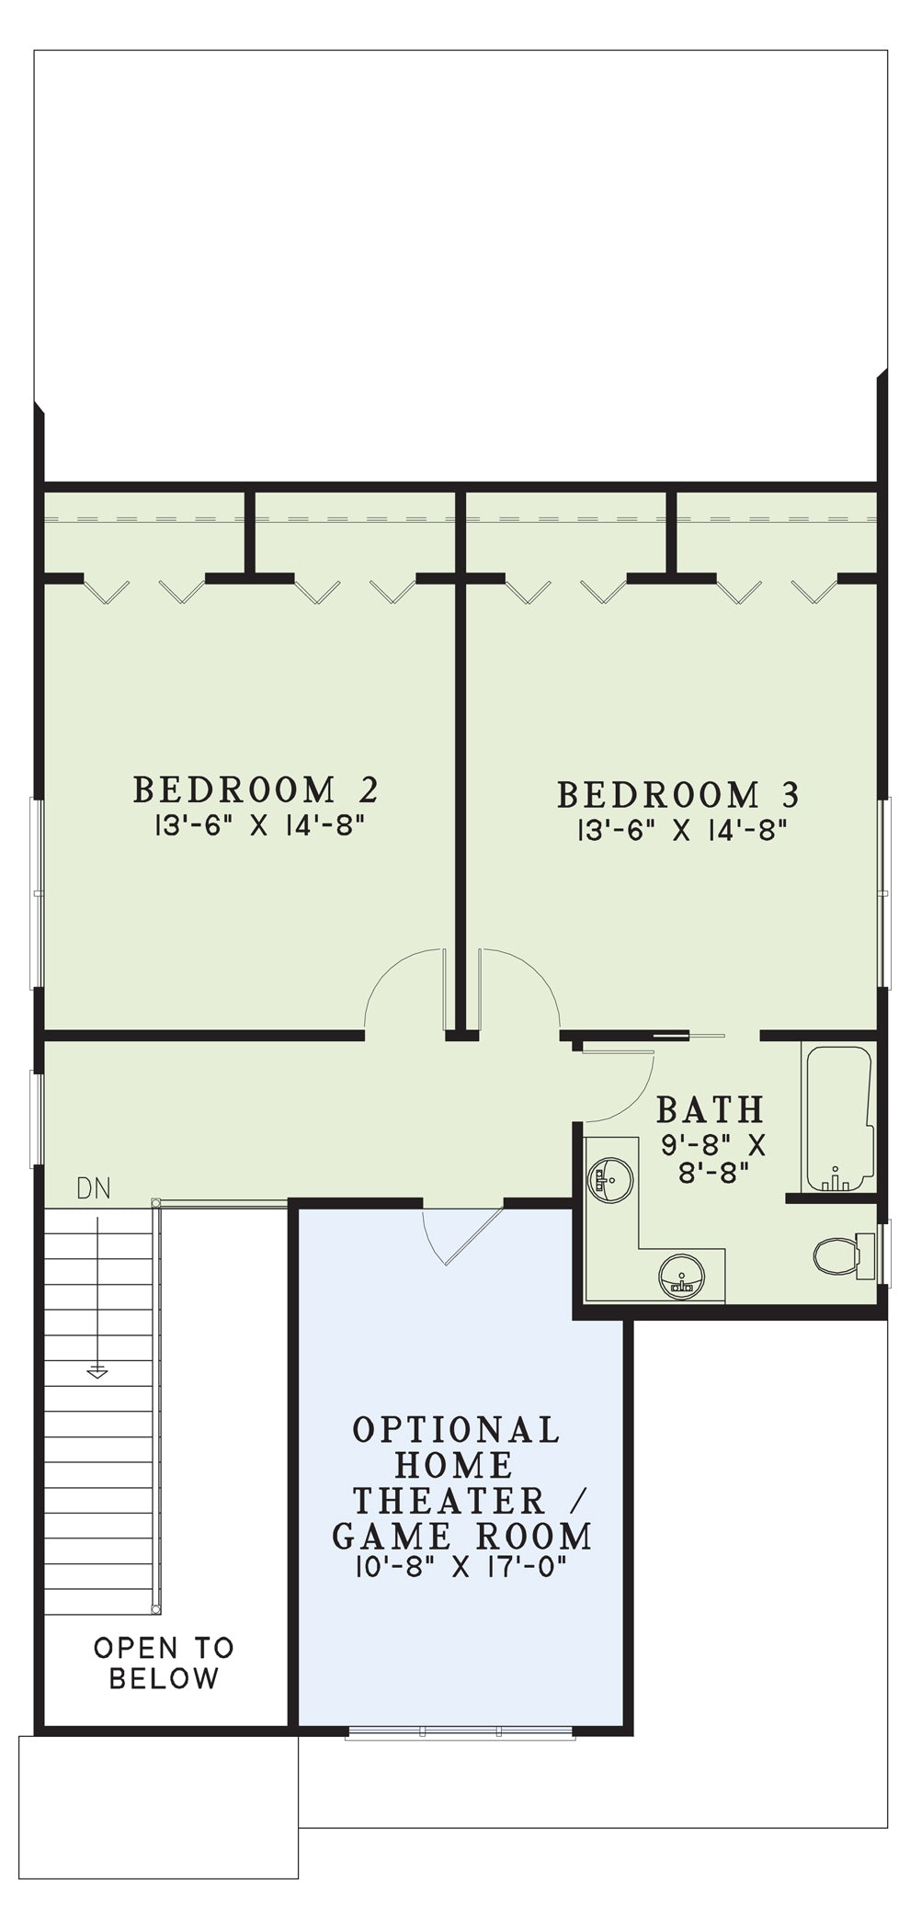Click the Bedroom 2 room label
tap(256, 789)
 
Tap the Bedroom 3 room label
tap(678, 794)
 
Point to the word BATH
tap(710, 1109)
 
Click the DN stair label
tap(94, 1189)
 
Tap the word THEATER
tap(449, 1500)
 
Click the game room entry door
tap(462, 1233)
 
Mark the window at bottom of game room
tap(462, 1732)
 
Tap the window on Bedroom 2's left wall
tap(38, 892)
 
